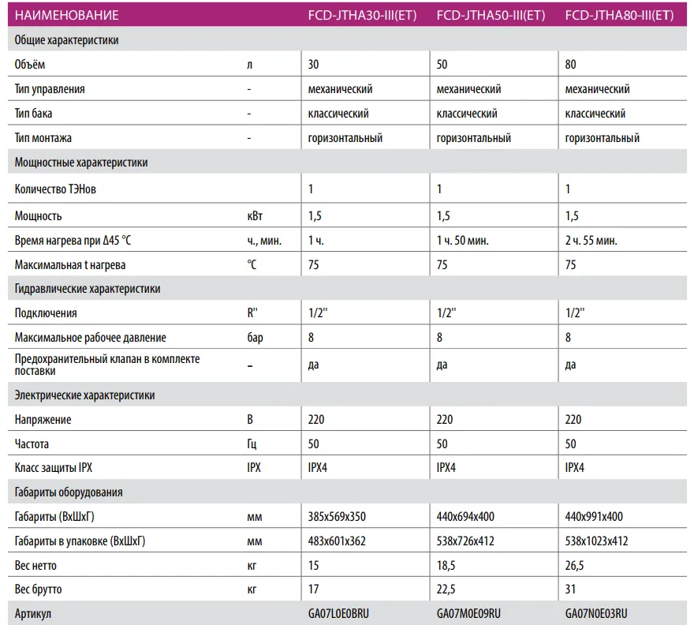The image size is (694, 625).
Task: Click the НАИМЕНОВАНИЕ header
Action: pos(67,15)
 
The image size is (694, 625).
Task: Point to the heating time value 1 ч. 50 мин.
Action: pos(467,240)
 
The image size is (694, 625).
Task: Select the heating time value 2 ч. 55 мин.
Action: pos(591,240)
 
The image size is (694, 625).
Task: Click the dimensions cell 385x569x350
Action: pos(337,517)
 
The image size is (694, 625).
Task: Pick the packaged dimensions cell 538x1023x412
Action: pos(597,541)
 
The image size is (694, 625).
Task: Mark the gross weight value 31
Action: pos(572,589)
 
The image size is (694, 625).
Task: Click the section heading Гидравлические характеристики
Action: pos(88,289)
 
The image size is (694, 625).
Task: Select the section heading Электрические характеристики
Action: pos(85,395)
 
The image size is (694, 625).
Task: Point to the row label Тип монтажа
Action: pos(43,138)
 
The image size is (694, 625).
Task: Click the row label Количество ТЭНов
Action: pos(56,189)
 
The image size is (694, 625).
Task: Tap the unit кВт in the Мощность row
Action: pos(256,215)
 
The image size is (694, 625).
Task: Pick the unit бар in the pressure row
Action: pos(256,338)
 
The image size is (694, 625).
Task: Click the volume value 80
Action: pos(572,65)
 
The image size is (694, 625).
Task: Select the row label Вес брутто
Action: pos(38,589)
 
